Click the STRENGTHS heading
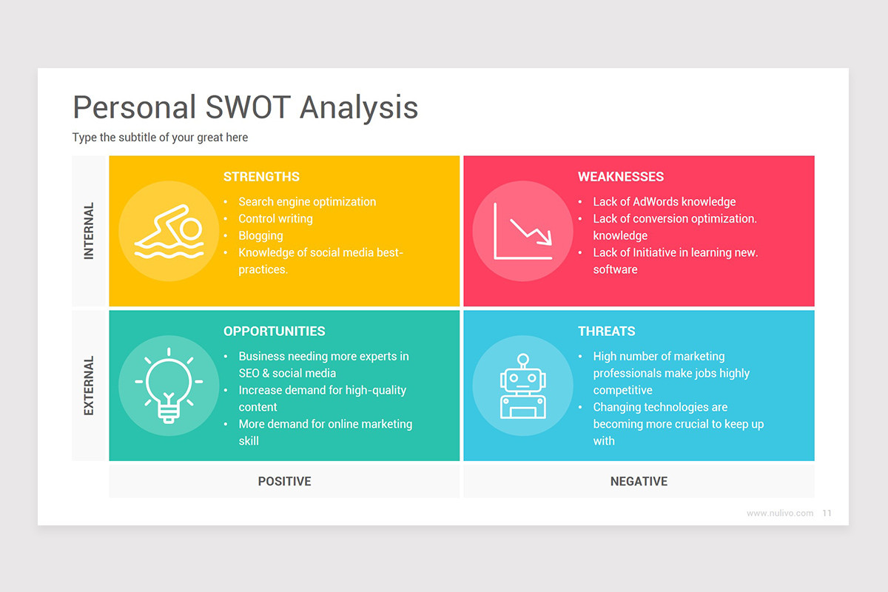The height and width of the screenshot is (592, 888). [261, 177]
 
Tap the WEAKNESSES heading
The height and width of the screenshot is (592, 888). [620, 177]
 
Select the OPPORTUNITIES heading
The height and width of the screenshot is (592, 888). [274, 332]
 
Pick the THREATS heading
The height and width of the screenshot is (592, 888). [606, 332]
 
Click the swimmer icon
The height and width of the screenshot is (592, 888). [169, 231]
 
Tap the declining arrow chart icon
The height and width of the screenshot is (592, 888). [522, 231]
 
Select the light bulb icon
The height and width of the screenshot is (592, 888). [169, 386]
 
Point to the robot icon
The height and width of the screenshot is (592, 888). [522, 386]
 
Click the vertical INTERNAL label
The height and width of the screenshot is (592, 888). [89, 231]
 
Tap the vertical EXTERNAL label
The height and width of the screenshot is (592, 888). [89, 386]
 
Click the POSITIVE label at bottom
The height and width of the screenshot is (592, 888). [284, 482]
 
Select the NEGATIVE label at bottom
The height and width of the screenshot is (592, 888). [639, 482]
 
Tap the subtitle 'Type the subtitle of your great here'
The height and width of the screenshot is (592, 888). [160, 138]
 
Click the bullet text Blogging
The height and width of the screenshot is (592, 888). [260, 236]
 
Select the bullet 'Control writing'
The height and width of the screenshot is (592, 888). [275, 219]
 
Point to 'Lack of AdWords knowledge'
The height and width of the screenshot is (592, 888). [664, 202]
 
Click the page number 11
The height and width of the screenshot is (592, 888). [827, 513]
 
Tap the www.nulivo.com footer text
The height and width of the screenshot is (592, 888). [779, 513]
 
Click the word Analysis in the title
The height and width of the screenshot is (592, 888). [359, 107]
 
